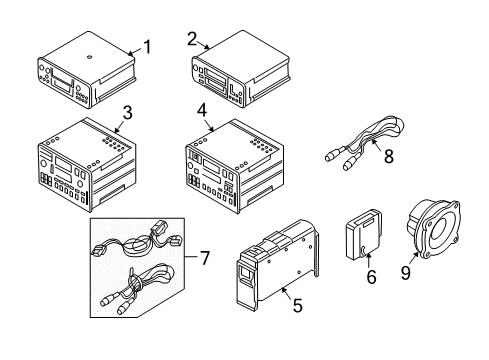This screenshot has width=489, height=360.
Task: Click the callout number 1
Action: [x=147, y=47]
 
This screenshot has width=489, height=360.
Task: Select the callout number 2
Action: [x=192, y=39]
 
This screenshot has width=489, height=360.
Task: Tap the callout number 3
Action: [x=127, y=113]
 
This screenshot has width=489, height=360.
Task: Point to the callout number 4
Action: [x=202, y=110]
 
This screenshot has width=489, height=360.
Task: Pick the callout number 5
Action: [x=297, y=305]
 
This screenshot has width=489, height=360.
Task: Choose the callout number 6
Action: [x=371, y=277]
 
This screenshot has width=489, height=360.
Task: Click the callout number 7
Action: [x=204, y=258]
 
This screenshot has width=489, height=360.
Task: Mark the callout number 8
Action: [x=389, y=156]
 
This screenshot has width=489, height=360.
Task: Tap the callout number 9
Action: [x=406, y=273]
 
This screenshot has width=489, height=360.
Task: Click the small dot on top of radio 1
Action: [x=89, y=57]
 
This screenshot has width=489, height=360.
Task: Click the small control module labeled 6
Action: [x=363, y=234]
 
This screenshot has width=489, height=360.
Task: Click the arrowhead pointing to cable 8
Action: [x=374, y=142]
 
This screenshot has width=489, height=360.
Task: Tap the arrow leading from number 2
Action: [x=203, y=45]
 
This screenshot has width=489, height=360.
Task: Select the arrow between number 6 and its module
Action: [x=368, y=260]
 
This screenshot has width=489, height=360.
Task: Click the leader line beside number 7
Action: [x=191, y=257]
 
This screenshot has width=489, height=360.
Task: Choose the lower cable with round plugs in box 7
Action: [x=136, y=288]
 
